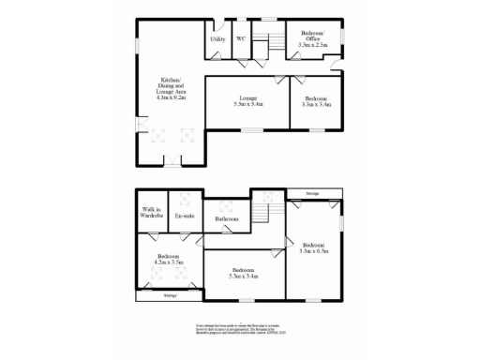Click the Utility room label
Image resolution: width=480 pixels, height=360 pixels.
click(x=217, y=39)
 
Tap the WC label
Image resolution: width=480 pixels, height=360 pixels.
click(x=240, y=39)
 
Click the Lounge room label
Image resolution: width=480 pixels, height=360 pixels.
click(x=247, y=101)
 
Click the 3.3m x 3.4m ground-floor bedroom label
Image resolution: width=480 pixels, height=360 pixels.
click(x=315, y=101)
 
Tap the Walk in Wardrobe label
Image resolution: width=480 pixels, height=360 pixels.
click(x=151, y=212)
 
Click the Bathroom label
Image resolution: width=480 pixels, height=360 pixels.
click(x=226, y=219)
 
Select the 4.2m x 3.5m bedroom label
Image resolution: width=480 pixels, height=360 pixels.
click(x=169, y=259)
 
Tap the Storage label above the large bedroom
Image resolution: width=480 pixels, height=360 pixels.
click(x=311, y=194)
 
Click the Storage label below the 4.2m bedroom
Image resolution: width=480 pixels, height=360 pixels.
click(x=170, y=295)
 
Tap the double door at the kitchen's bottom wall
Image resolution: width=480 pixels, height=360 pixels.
click(x=171, y=165)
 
